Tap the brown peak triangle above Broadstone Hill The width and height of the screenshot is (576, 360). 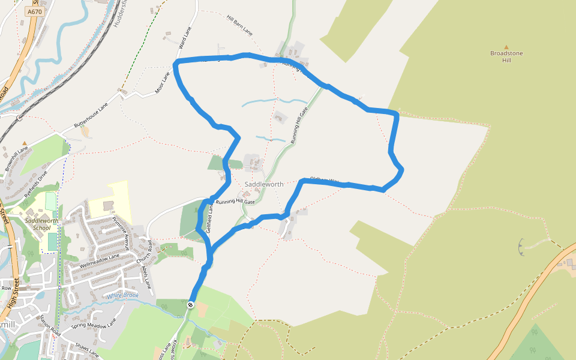point(506,46)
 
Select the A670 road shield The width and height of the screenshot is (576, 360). point(34,11)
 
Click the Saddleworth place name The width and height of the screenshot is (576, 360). point(264,184)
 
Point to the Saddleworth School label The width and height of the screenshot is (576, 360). point(38,224)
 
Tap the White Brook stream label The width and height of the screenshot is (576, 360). point(122,295)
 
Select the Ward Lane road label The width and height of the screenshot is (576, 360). point(185,37)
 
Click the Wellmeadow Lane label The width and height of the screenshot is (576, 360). point(100,260)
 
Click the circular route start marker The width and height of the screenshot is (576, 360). point(191,305)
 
